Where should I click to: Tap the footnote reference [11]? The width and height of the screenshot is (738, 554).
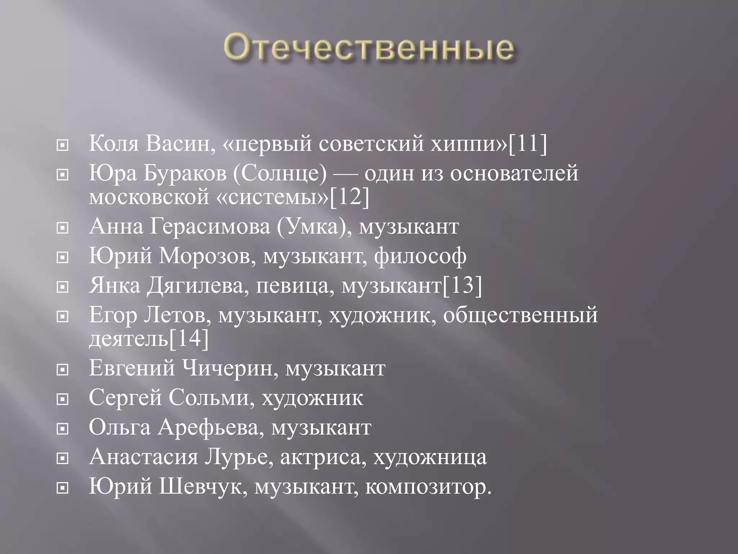pyautogui.click(x=528, y=144)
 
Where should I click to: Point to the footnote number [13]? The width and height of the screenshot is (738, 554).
pyautogui.click(x=462, y=286)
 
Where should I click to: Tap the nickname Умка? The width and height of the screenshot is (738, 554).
pyautogui.click(x=309, y=227)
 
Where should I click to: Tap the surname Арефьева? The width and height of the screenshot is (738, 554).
pyautogui.click(x=212, y=428)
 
